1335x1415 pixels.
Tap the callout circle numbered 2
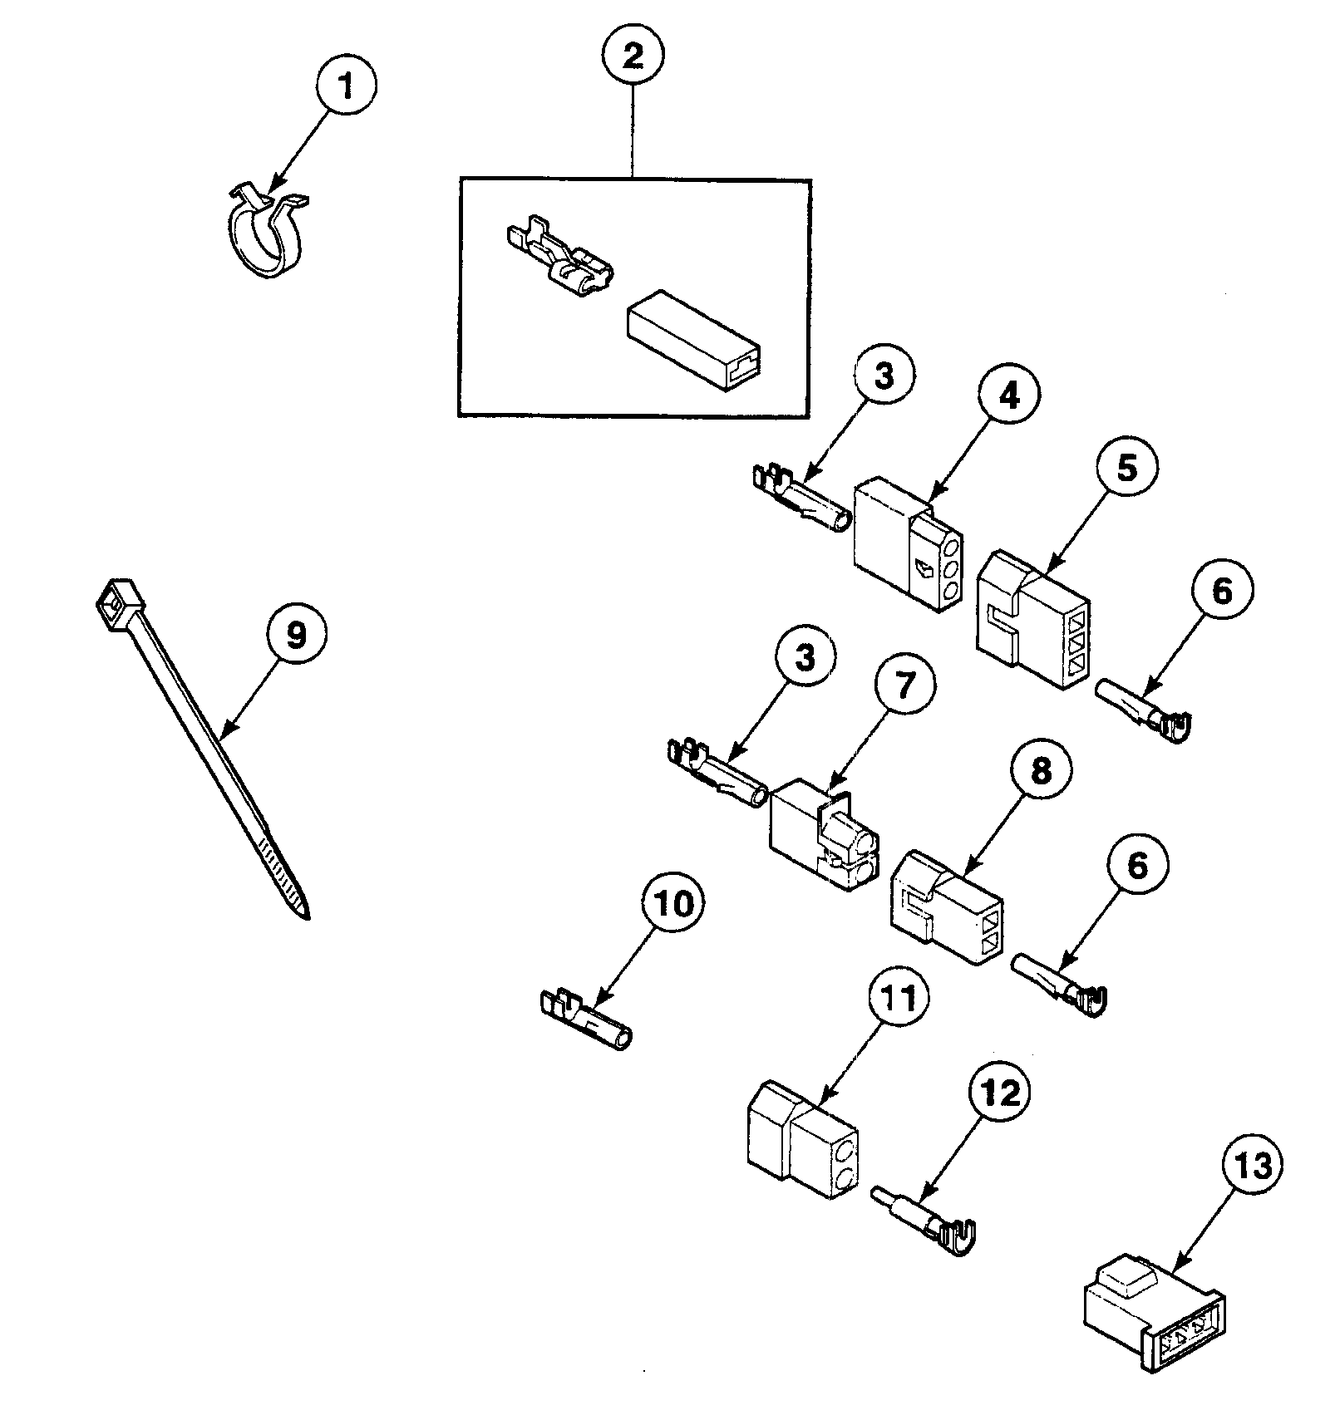point(632,57)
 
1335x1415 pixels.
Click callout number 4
point(1007,398)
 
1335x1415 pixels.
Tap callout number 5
point(1126,468)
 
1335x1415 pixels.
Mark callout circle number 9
point(296,635)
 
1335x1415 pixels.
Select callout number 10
point(673,904)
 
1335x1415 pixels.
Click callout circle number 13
point(1252,1167)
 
